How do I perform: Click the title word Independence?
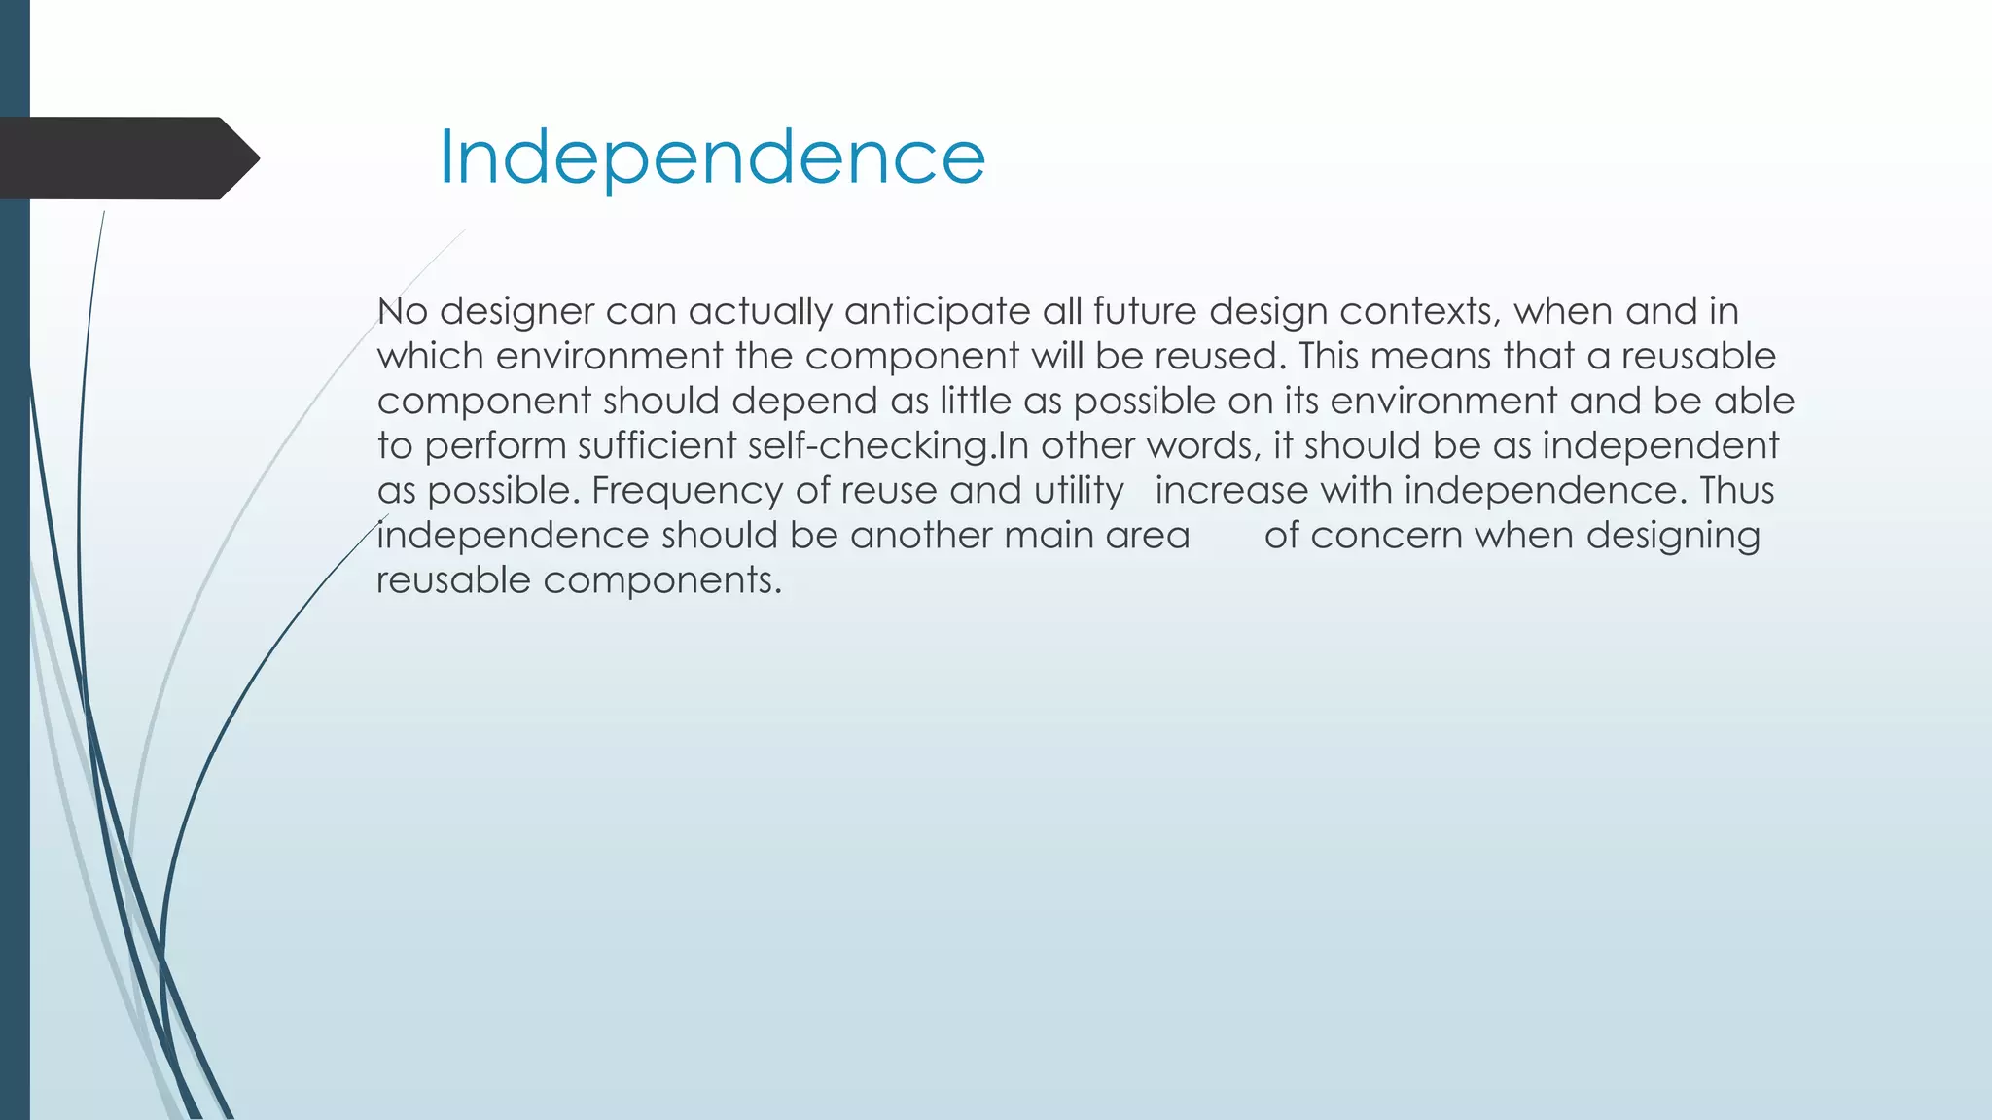[712, 157]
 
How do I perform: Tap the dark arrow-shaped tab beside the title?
[126, 157]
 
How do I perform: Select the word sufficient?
[657, 446]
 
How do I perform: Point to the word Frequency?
[687, 491]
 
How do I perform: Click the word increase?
[1231, 491]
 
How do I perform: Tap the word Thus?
[1737, 491]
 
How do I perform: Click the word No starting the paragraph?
[402, 312]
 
